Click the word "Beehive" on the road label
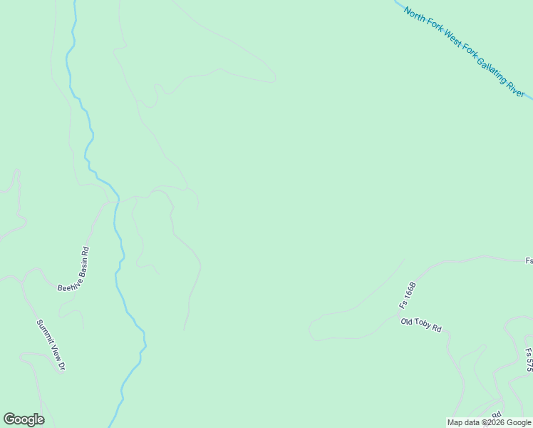[68, 281]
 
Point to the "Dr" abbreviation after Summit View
[62, 365]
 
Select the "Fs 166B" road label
[407, 295]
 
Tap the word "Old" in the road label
[407, 322]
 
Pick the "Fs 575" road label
[528, 360]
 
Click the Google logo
[24, 419]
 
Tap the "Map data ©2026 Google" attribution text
[489, 422]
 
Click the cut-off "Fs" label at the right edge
[529, 261]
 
